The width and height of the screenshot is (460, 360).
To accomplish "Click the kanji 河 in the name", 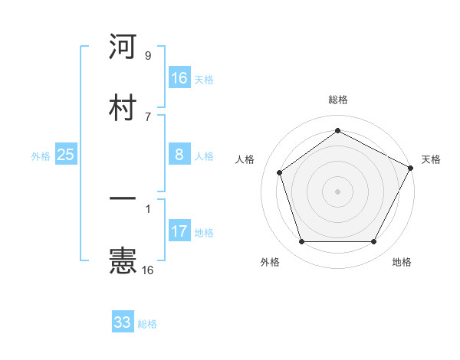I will (x=123, y=47).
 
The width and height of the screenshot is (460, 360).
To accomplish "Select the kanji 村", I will (x=123, y=107).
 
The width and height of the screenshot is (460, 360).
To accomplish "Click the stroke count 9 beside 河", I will (x=147, y=56).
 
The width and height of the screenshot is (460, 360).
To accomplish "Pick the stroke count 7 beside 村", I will (x=147, y=116).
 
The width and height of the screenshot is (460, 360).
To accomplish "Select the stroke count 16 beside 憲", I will (x=147, y=270).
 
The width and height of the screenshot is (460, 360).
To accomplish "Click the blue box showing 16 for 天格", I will (x=179, y=78).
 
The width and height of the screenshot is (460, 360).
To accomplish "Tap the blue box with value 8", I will (x=179, y=155).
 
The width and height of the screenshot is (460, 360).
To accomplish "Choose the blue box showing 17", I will (x=179, y=231).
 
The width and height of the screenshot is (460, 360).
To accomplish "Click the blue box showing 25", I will (x=65, y=155).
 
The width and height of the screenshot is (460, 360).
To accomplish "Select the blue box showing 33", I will (x=123, y=322).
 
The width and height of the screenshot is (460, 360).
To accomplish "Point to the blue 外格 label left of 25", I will (x=41, y=156).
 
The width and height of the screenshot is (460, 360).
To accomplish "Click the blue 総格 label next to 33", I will (x=147, y=324).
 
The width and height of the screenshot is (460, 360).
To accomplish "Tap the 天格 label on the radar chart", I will (x=431, y=159).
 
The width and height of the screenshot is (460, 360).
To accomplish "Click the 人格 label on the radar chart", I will (x=245, y=159).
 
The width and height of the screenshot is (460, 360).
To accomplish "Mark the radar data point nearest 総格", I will (x=337, y=131).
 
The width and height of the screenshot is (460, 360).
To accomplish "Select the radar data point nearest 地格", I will (x=373, y=241).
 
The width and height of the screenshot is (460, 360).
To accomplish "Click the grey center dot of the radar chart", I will (x=337, y=191).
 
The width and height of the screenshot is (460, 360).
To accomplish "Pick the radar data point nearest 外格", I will (x=301, y=241).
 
